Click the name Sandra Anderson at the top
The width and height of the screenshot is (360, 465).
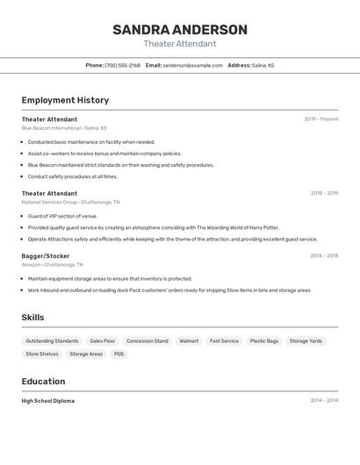coord(180,30)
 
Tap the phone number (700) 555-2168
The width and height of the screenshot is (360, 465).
coord(122,66)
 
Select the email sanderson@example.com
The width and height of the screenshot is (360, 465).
coord(192,66)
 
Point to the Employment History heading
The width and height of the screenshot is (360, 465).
coord(65,100)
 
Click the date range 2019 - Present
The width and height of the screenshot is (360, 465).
coord(321,119)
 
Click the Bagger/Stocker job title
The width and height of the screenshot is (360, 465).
coord(46,256)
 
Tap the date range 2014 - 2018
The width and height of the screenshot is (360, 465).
coord(324,256)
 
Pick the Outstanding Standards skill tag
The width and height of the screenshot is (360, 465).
coord(52,341)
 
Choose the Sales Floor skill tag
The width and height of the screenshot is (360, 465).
coord(102,341)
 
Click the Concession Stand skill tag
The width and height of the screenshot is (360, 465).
coord(147,341)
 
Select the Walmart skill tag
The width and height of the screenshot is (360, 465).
coord(189,341)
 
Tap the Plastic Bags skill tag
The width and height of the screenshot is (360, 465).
coord(263,341)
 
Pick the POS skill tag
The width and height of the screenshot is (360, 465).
coord(119,354)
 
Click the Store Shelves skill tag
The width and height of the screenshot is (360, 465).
coord(42,354)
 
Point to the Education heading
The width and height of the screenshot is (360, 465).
coord(43,382)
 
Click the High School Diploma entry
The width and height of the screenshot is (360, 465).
coord(48,401)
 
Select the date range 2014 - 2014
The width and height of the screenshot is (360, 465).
coord(324,401)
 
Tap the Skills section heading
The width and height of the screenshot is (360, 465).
coord(32,318)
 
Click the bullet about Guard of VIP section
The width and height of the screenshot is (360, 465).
coord(62,216)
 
